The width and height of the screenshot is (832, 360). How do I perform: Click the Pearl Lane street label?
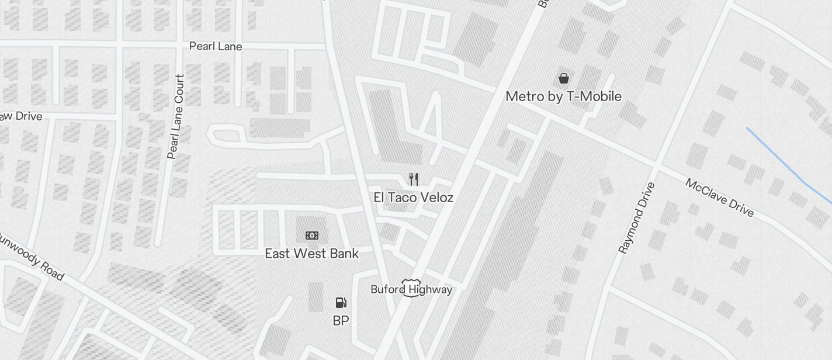[216, 46]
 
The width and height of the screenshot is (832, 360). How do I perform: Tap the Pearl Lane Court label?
[176, 116]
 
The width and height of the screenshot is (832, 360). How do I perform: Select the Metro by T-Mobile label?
[563, 96]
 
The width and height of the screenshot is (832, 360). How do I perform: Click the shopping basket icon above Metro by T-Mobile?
[564, 78]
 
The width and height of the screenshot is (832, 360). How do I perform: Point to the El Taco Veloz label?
[413, 198]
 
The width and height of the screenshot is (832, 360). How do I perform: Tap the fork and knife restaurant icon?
[414, 179]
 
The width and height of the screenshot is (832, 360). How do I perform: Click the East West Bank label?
[311, 254]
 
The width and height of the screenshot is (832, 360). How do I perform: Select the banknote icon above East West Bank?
[312, 236]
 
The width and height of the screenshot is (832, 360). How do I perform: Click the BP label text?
[341, 321]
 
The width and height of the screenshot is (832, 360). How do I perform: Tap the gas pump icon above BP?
[341, 303]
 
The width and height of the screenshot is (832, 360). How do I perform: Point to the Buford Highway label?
[411, 289]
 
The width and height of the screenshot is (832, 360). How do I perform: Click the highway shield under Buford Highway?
[411, 288]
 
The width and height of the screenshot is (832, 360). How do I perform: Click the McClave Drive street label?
[719, 198]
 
